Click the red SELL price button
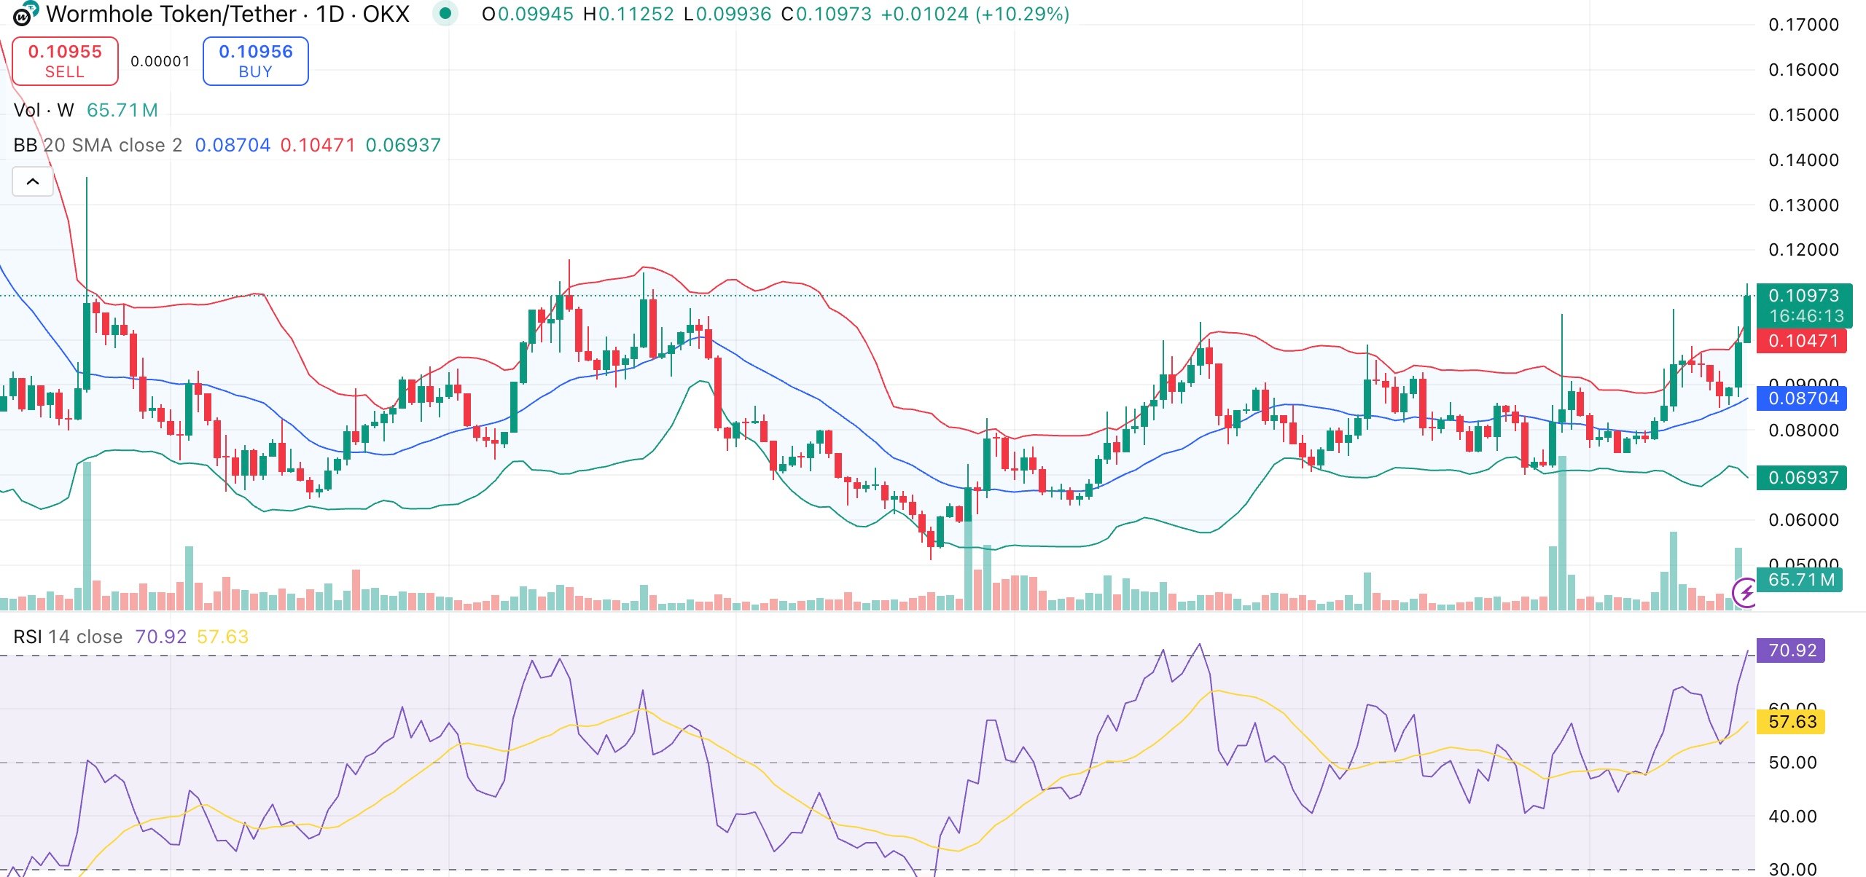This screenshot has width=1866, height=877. (x=65, y=61)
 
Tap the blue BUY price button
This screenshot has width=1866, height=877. (x=255, y=61)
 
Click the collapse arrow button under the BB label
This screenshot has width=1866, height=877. (x=33, y=181)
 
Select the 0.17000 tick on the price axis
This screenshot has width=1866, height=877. (x=1803, y=25)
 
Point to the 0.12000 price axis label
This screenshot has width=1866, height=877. (x=1803, y=250)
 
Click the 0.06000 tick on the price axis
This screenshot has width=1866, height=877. (x=1803, y=520)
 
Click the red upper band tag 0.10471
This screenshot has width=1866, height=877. (x=1803, y=341)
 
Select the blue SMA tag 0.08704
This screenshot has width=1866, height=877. (x=1803, y=398)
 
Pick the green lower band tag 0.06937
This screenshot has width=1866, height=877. (x=1803, y=478)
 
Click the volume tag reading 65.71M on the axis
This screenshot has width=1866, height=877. (x=1800, y=580)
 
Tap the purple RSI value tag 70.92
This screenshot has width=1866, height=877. (x=1792, y=650)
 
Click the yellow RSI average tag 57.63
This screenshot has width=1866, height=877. (x=1792, y=722)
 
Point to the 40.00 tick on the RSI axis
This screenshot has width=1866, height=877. (x=1792, y=817)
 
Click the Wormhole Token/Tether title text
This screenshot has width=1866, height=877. (x=171, y=14)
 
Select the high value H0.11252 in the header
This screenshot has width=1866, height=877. (x=628, y=14)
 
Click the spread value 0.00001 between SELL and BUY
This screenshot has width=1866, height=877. (x=160, y=61)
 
